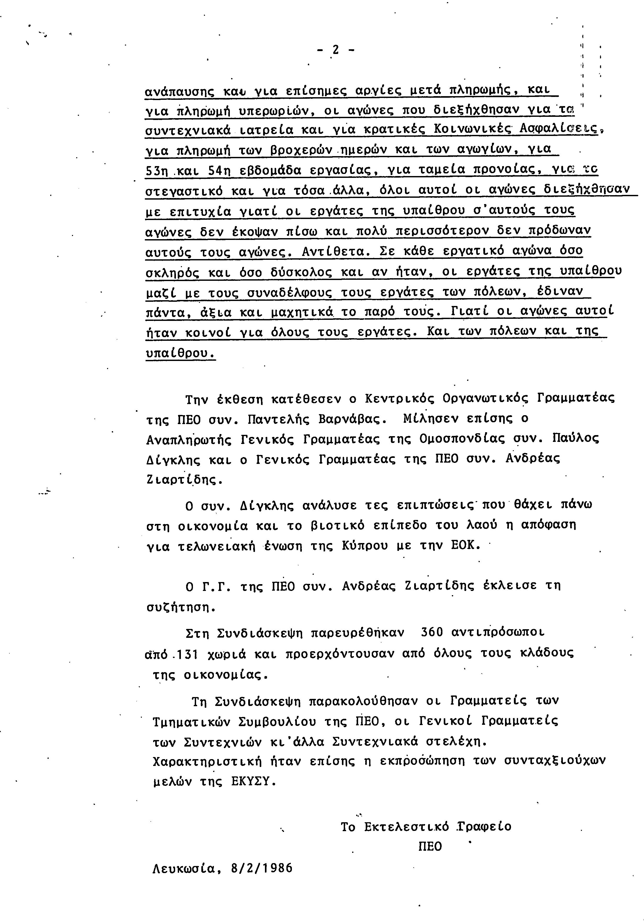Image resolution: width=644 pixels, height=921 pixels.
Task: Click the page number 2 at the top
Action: click(x=335, y=50)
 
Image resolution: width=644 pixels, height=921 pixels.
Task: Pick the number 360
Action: click(x=432, y=633)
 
